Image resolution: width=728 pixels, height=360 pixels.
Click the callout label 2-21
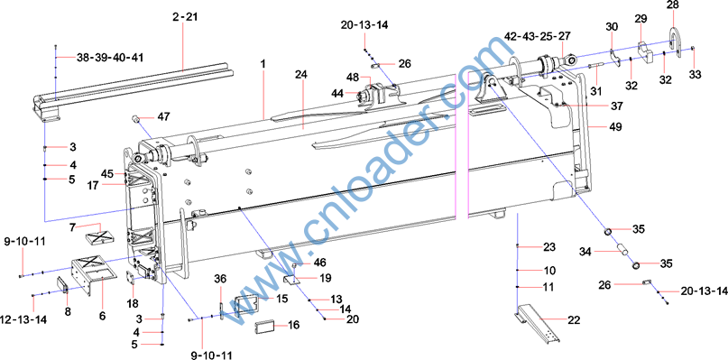coord(185,17)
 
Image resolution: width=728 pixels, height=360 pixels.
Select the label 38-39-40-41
coord(110,58)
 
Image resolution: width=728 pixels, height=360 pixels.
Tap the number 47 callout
coord(163,116)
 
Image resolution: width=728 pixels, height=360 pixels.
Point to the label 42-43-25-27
coord(538,36)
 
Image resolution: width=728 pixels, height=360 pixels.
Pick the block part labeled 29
coord(645,52)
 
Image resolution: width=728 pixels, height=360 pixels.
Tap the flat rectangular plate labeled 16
coord(265,326)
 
